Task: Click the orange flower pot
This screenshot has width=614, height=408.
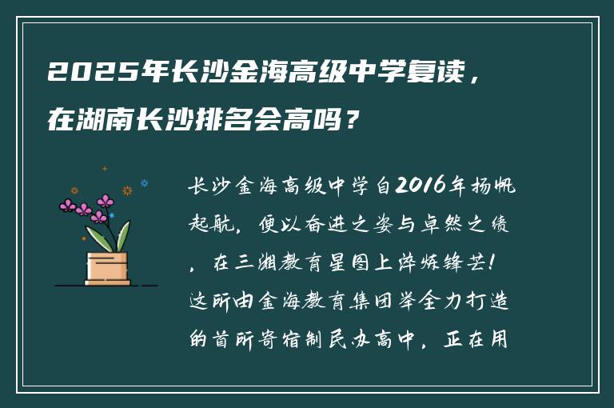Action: coord(108,268)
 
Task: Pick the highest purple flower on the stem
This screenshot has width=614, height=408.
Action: coord(105,201)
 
